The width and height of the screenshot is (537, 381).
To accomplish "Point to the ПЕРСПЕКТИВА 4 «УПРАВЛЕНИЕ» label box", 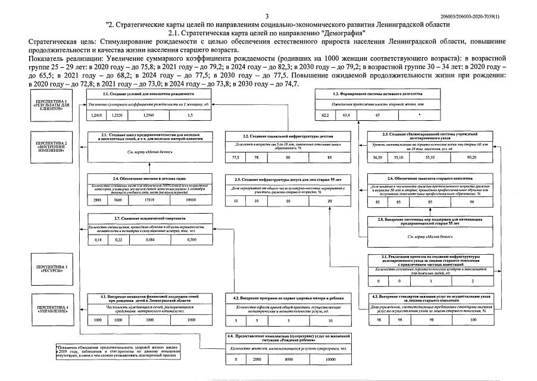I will coord(52,308).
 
